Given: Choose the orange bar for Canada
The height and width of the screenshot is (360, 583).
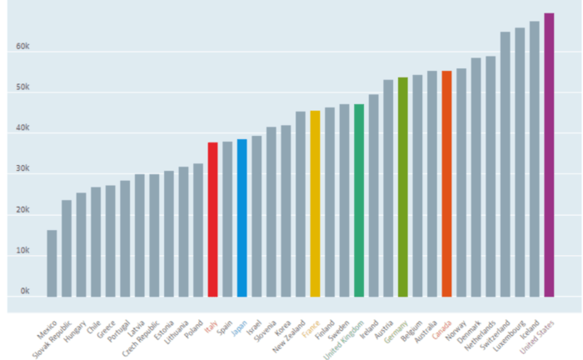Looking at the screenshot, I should (x=446, y=183).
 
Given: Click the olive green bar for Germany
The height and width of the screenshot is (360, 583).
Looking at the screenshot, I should (x=402, y=187).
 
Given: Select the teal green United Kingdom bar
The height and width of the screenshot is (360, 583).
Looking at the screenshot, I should (x=359, y=200).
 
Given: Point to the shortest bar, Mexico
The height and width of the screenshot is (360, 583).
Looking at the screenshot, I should (x=52, y=263).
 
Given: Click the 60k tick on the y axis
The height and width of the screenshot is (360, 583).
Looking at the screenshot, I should (x=23, y=48).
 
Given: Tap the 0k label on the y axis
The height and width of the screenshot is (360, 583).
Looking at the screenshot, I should (x=25, y=292).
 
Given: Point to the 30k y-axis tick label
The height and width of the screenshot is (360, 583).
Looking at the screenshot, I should (x=23, y=170).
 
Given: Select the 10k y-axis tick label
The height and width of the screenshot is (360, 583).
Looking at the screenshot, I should (x=23, y=252).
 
